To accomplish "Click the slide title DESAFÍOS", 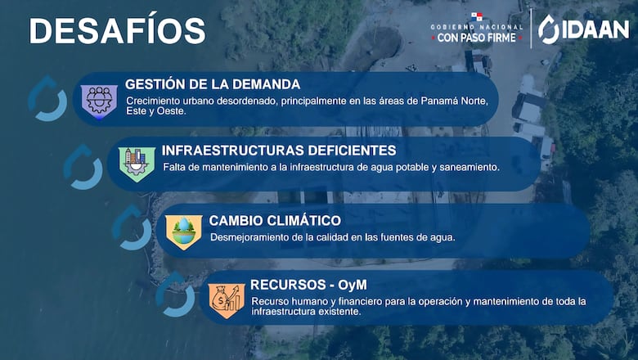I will (x=117, y=30).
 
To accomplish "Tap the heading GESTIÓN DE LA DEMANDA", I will (x=213, y=84).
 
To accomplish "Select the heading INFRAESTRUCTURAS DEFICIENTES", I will (x=279, y=151).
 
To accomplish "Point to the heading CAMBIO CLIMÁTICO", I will (x=275, y=220).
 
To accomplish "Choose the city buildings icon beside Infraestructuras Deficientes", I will (x=137, y=163).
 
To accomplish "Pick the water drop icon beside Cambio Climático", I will (x=184, y=232).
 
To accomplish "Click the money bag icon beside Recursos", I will (x=227, y=299).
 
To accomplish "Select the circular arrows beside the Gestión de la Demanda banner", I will (x=47, y=99).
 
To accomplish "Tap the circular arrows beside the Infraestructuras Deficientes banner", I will (x=83, y=166).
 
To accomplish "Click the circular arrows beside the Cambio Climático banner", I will (x=131, y=227).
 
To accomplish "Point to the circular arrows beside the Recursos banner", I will (x=175, y=295).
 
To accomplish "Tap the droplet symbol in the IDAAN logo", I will (x=549, y=29).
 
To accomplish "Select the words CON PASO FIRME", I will (x=478, y=38).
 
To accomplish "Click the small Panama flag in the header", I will (x=477, y=16).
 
